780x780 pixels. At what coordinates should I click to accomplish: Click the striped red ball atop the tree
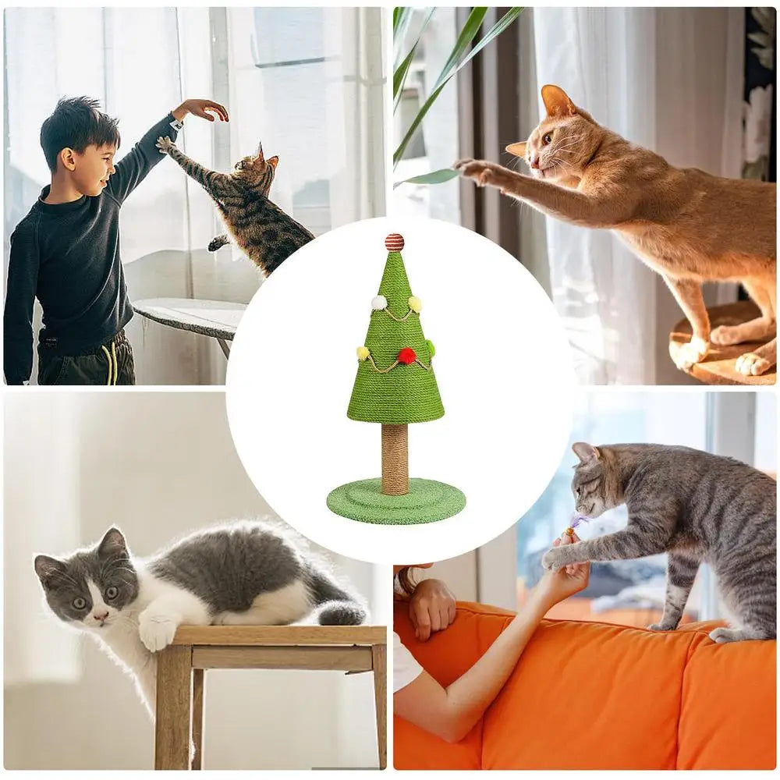395,242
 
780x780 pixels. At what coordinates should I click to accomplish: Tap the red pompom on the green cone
406,356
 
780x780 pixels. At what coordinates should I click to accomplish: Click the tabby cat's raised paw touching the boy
165,144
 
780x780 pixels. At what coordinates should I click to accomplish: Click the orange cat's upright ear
556,101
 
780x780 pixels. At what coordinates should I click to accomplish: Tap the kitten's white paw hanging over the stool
157,631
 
